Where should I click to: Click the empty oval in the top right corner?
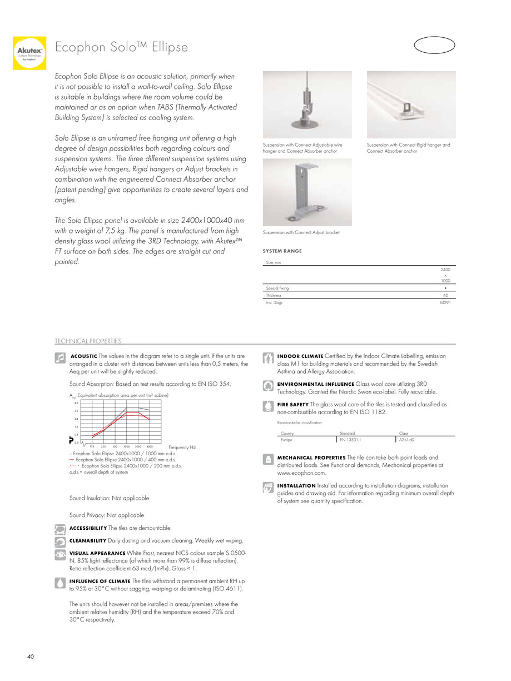coord(435,46)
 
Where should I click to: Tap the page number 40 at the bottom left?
coord(31,657)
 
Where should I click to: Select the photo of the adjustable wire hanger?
coord(307,105)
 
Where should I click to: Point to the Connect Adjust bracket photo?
coord(307,192)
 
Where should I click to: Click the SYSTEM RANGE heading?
coord(282,251)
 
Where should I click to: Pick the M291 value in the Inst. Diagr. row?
coord(445,303)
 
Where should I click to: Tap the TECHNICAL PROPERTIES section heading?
coord(88,341)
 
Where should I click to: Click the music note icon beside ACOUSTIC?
coord(60,358)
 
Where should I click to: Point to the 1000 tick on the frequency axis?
coord(127,446)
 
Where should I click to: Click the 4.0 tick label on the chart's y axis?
coord(76,402)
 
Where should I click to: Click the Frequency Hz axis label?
coord(182,447)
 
